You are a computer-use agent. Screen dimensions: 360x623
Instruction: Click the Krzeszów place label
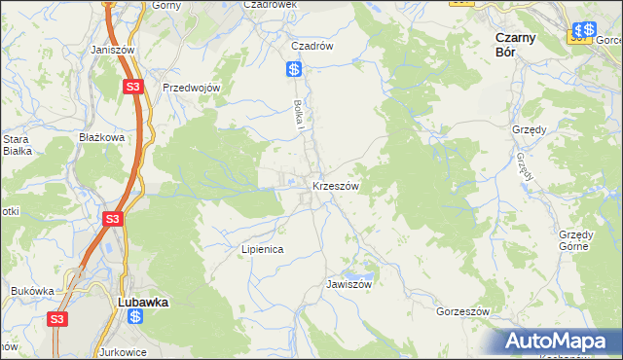pyautogui.click(x=336, y=185)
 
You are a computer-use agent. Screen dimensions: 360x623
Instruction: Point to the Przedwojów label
pyautogui.click(x=193, y=88)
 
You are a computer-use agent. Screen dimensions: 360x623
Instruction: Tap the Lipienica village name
pyautogui.click(x=262, y=249)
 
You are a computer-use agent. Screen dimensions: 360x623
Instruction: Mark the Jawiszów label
pyautogui.click(x=349, y=285)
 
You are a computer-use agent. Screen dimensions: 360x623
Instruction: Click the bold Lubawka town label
pyautogui.click(x=142, y=302)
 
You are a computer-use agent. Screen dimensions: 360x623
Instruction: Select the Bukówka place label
pyautogui.click(x=31, y=290)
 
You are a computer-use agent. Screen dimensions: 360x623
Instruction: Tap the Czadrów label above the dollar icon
pyautogui.click(x=313, y=46)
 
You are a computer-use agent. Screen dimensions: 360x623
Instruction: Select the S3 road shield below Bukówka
pyautogui.click(x=57, y=319)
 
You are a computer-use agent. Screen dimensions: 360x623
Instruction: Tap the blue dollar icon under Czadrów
pyautogui.click(x=294, y=69)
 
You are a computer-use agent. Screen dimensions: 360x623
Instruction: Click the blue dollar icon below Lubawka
pyautogui.click(x=135, y=317)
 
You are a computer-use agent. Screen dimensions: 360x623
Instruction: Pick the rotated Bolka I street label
pyautogui.click(x=301, y=118)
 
